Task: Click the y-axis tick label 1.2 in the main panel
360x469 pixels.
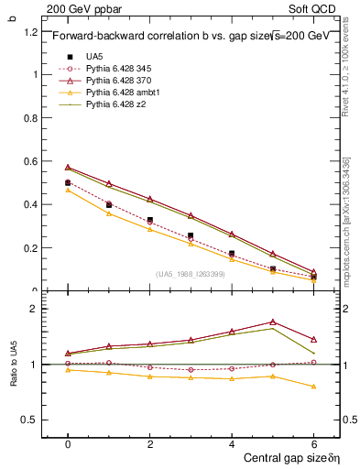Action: tap(29, 31)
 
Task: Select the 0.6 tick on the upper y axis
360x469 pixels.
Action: tap(29, 161)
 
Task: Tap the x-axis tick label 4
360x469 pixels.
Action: tap(232, 442)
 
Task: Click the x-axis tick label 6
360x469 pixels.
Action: tap(314, 442)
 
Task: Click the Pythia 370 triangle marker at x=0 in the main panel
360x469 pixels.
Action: tap(68, 168)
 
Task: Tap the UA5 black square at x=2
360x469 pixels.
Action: tap(149, 220)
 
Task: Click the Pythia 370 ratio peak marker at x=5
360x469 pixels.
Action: tap(273, 322)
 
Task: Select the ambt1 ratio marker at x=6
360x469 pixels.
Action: tap(314, 387)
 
